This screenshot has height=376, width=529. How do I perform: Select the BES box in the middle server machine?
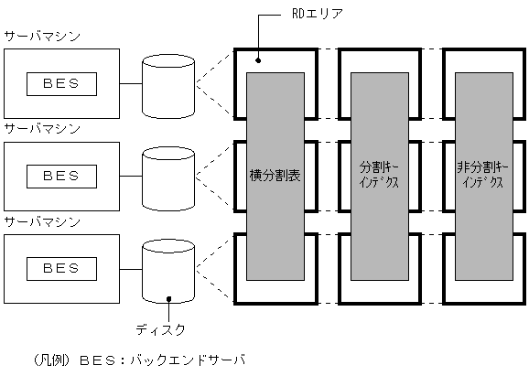tap(62, 176)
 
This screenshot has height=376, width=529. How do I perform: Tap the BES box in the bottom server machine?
tap(62, 268)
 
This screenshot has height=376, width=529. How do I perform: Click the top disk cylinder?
tap(169, 83)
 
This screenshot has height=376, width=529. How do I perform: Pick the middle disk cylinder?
tap(169, 176)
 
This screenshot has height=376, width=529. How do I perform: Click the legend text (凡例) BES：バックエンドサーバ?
tap(137, 360)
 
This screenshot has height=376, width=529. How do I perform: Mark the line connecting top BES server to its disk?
tap(130, 83)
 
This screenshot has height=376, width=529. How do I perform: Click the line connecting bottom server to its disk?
tap(130, 268)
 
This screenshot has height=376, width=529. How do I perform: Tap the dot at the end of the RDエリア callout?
tap(259, 60)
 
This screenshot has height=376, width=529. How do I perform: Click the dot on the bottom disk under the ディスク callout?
tap(169, 297)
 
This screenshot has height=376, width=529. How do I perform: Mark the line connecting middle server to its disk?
tap(130, 176)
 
